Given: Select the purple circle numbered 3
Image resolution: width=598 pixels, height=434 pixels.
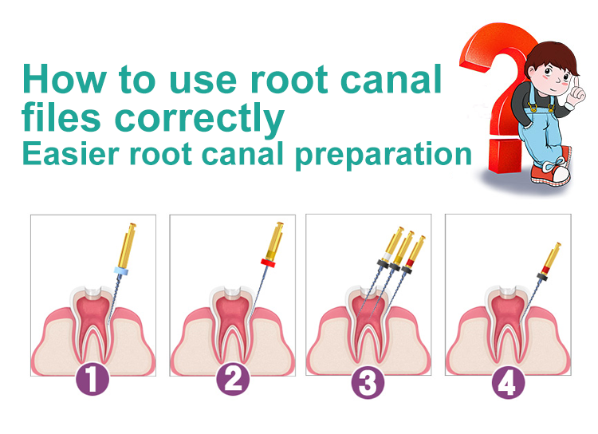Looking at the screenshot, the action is click(x=368, y=381).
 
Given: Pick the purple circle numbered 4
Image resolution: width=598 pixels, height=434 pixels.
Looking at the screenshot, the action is click(x=508, y=381).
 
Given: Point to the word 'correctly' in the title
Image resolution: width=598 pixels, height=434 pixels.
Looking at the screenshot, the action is click(x=199, y=119).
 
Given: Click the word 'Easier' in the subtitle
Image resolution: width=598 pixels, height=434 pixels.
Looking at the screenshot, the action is click(x=71, y=153).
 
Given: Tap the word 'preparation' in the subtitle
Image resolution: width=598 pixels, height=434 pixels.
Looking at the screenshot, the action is click(x=384, y=156).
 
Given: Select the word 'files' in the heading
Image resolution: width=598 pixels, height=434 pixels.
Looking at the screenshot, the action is click(x=61, y=116).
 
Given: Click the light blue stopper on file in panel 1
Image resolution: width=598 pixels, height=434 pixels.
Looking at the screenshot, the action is click(x=121, y=271).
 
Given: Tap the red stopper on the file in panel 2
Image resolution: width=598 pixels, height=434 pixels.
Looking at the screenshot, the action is click(x=268, y=263).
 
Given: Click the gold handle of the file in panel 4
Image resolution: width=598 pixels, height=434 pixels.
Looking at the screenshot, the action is click(x=552, y=257).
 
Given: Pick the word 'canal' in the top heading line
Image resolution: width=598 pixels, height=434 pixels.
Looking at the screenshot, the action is click(x=391, y=79).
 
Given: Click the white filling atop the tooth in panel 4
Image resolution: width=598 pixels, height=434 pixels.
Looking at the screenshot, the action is click(x=508, y=292).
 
